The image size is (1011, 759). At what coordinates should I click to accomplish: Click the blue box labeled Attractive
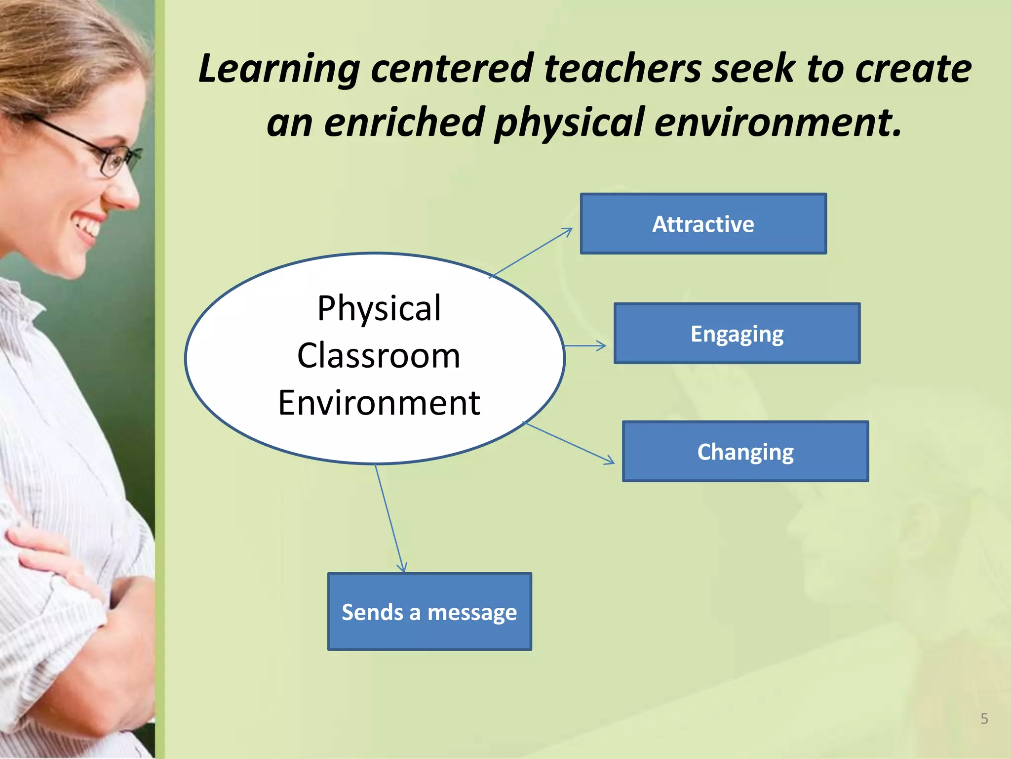(x=703, y=224)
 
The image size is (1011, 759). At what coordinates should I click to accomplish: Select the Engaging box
(x=737, y=334)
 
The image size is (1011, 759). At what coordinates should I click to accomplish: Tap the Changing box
(x=745, y=452)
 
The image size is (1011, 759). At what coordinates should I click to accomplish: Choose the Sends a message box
(x=429, y=612)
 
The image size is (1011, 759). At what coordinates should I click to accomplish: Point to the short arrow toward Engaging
(x=585, y=346)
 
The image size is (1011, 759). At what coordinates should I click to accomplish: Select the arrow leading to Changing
(x=570, y=443)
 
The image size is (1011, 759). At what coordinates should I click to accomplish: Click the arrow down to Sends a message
(x=390, y=519)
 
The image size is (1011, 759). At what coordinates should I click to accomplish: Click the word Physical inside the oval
(x=379, y=308)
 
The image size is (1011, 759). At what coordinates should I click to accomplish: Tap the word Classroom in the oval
(x=379, y=356)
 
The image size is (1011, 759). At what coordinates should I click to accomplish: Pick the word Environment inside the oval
(x=379, y=403)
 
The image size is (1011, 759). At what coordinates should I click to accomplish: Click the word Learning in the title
(x=279, y=69)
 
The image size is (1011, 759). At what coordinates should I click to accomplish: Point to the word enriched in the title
(x=404, y=122)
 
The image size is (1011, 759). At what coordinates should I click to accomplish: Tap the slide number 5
(x=984, y=718)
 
